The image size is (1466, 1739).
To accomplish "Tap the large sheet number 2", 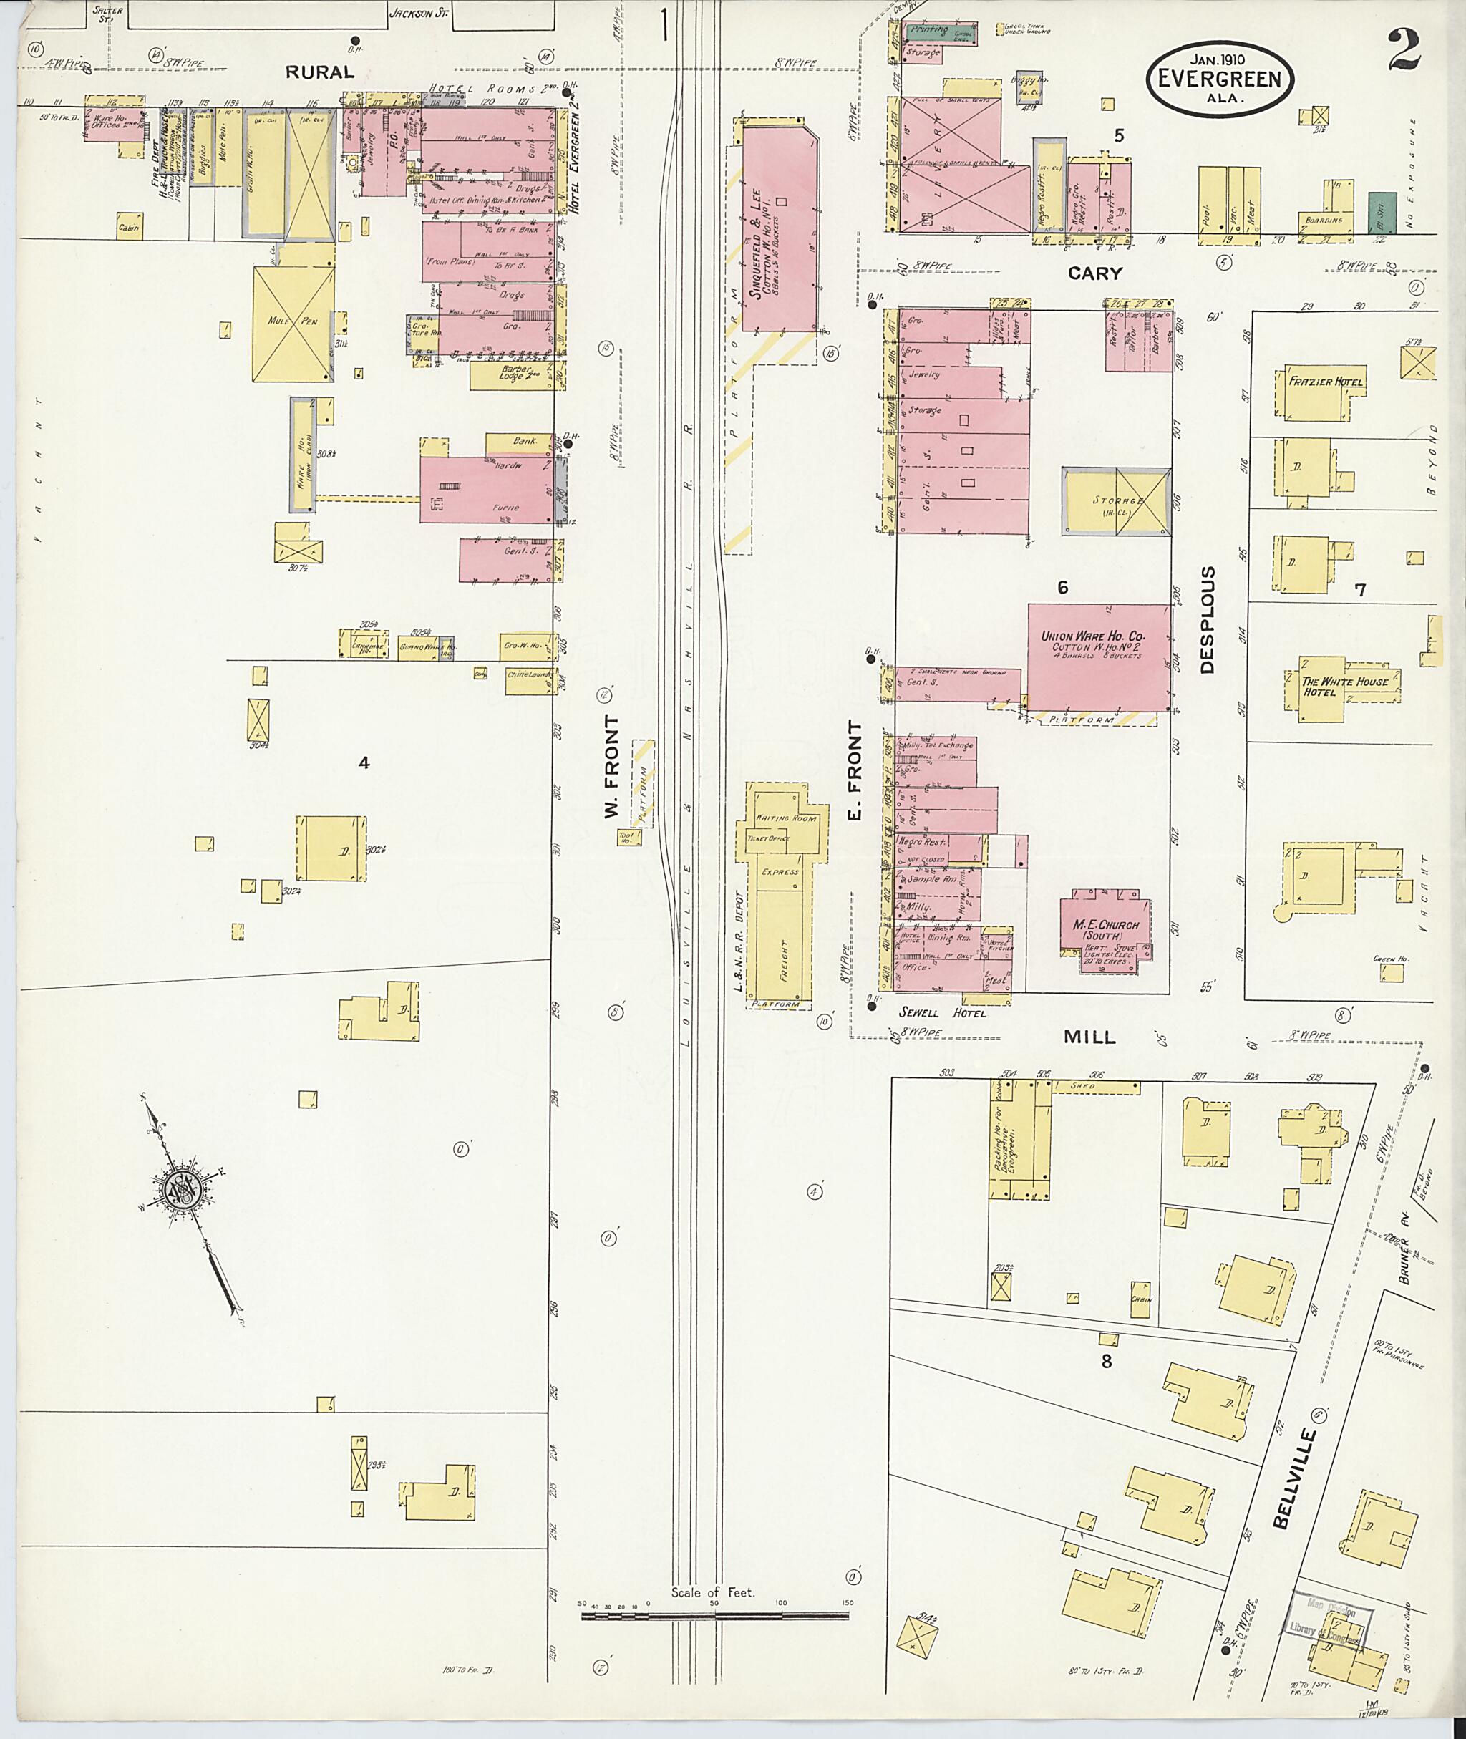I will click(1402, 52).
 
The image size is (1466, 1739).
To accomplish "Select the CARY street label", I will click(1094, 273).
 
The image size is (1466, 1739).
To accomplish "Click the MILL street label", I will click(1089, 1037).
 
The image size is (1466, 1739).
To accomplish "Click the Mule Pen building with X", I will click(293, 324).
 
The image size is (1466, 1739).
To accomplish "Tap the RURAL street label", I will click(319, 73).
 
